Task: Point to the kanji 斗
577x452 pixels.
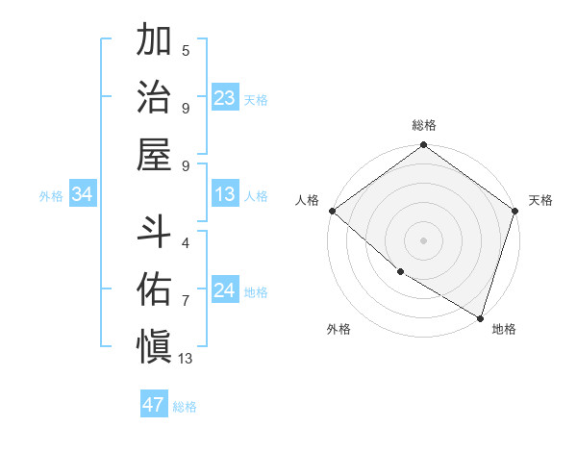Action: (x=155, y=232)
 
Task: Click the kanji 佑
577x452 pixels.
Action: (x=155, y=288)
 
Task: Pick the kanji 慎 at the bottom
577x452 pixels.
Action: (x=155, y=343)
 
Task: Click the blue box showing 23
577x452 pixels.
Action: (x=225, y=97)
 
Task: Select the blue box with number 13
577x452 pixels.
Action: (x=225, y=194)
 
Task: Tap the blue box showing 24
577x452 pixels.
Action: (x=225, y=290)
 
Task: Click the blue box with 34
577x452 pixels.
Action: (x=83, y=194)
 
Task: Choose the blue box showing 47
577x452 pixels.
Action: (x=154, y=405)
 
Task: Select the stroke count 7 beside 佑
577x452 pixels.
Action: (x=186, y=301)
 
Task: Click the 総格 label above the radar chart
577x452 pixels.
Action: (x=424, y=125)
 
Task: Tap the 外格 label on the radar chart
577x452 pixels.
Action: (x=339, y=329)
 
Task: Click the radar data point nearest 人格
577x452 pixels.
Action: (x=332, y=211)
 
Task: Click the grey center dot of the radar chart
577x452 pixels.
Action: (x=424, y=239)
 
